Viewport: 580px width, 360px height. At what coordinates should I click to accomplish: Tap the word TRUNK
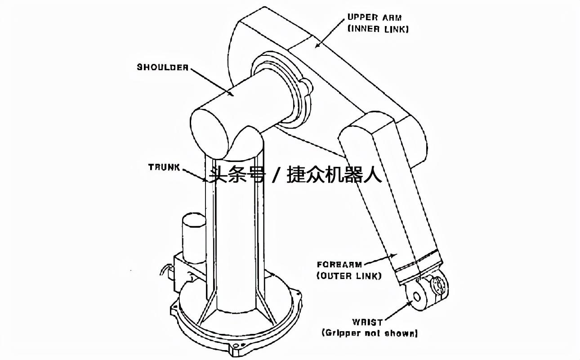[164, 167]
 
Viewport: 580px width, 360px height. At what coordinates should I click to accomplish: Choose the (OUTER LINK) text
[349, 276]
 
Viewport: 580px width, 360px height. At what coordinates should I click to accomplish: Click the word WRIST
[368, 322]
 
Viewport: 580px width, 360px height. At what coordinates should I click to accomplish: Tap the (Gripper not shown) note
[370, 333]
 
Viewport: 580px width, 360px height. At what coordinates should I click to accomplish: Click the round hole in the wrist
[416, 297]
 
